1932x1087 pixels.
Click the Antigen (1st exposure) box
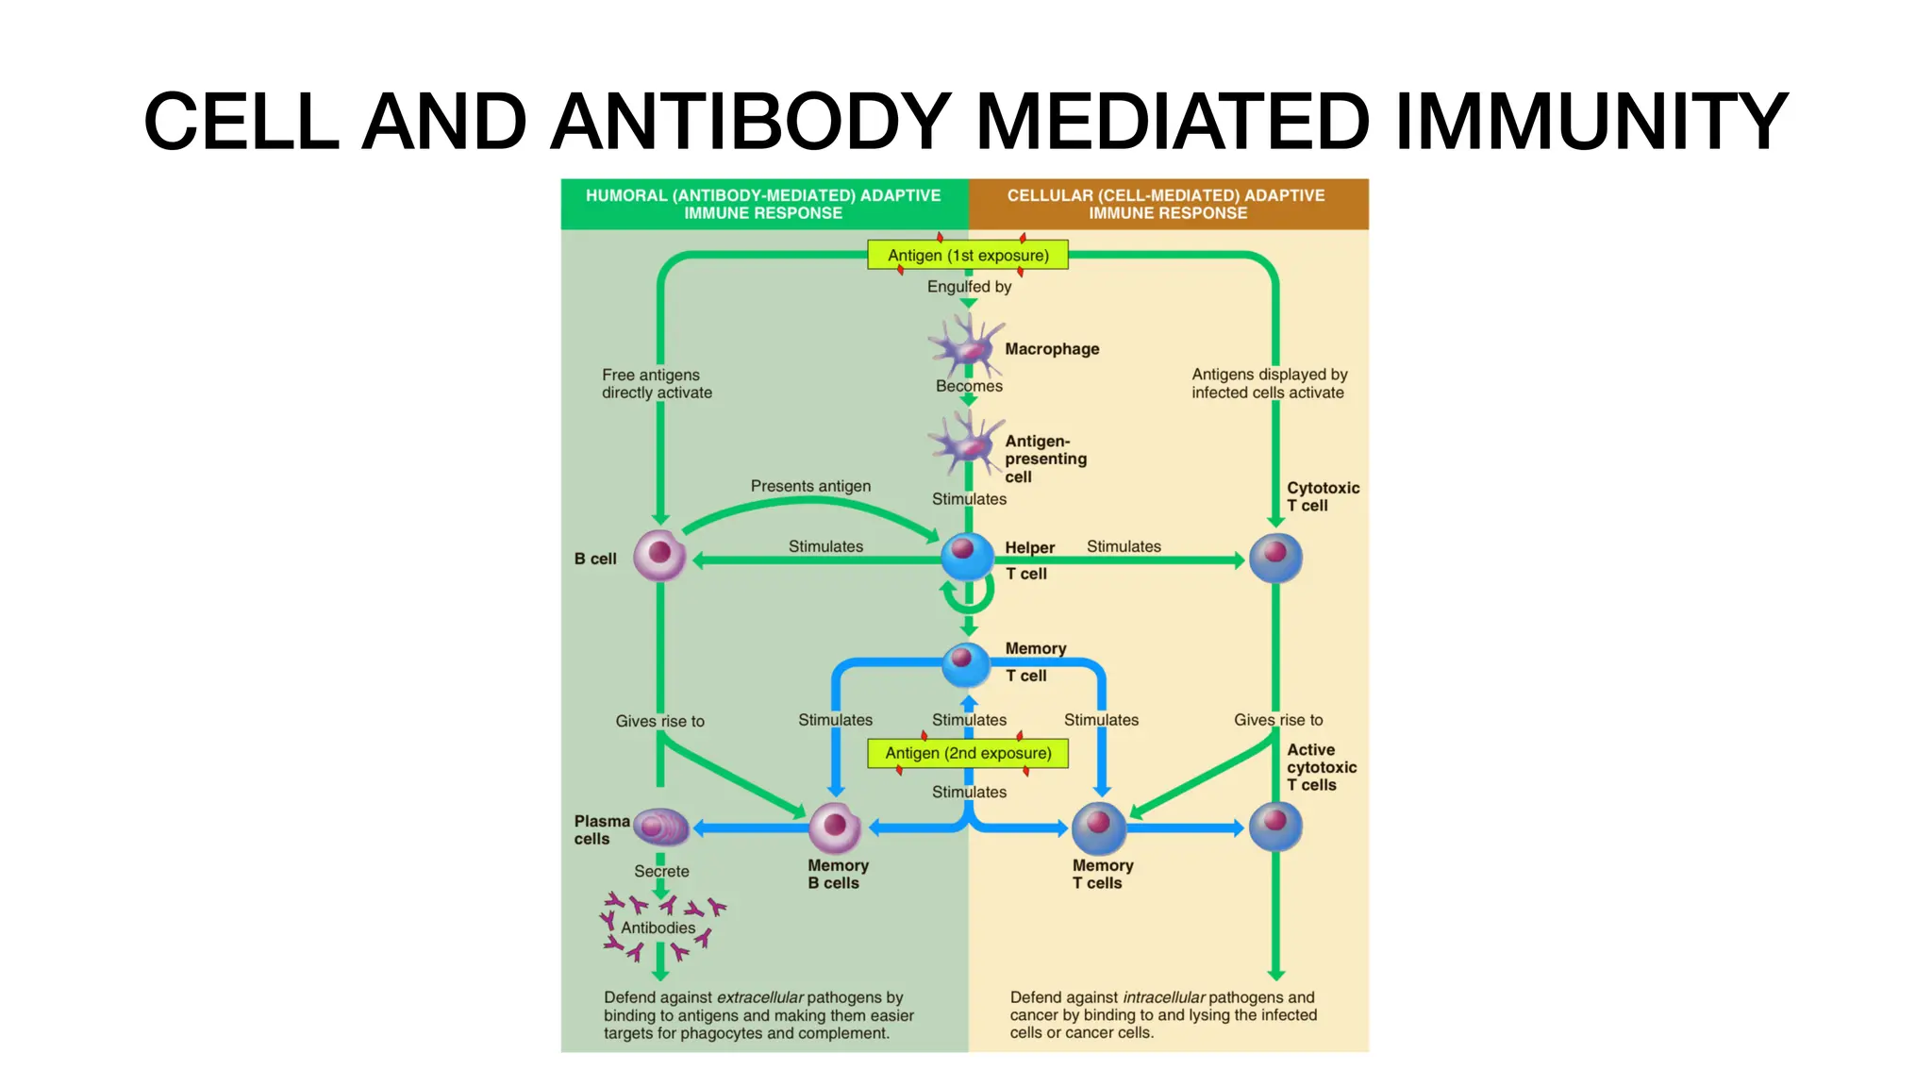[x=968, y=255]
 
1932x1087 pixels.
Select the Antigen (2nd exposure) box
[x=968, y=753]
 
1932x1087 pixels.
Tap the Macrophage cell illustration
[x=964, y=346]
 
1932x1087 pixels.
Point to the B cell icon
[x=659, y=555]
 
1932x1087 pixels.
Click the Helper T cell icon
[x=967, y=557]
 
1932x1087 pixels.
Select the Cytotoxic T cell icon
[x=1275, y=558]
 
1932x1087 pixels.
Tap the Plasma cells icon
[x=660, y=828]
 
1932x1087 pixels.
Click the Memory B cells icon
[x=835, y=828]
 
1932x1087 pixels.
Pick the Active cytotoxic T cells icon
[x=1275, y=827]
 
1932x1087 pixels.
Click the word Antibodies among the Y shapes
[x=658, y=928]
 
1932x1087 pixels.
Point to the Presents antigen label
[x=810, y=486]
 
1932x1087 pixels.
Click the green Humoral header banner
[x=763, y=204]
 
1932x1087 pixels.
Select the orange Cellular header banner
[x=1167, y=204]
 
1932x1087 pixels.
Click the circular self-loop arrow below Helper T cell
[x=968, y=595]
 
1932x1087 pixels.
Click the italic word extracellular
[x=759, y=997]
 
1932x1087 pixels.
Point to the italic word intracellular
[x=1163, y=997]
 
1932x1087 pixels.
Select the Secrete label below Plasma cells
[x=661, y=871]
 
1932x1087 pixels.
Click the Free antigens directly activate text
[x=657, y=383]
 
